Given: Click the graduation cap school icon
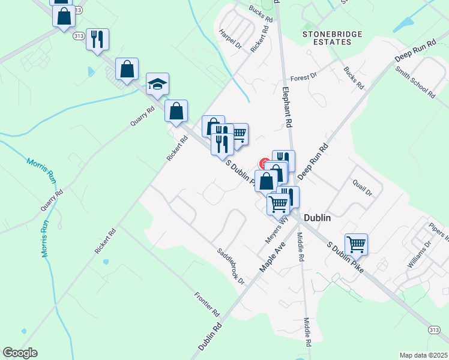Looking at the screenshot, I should coord(157,85).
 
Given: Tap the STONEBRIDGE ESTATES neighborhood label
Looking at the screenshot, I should coord(332,38).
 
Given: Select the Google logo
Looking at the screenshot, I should coord(20,353).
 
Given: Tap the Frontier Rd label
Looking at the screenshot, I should coord(208,304).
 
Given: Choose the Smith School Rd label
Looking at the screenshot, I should coord(415,82).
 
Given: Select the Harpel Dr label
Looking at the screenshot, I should coord(230,40).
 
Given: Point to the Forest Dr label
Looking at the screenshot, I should coord(303,77).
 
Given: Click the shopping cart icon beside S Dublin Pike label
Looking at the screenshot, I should coord(356,244).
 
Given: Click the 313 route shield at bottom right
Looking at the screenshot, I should coord(434,331).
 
